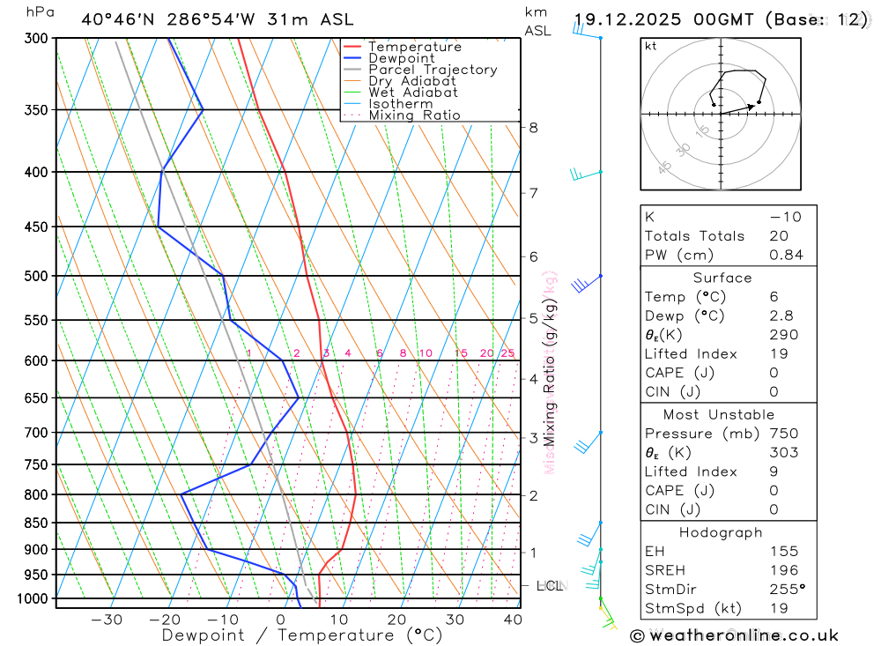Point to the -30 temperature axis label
(x=107, y=620)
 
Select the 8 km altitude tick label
(x=533, y=127)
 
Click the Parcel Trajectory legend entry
(x=433, y=70)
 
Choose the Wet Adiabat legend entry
(x=413, y=93)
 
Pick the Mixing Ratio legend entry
(x=414, y=115)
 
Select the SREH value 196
(x=783, y=570)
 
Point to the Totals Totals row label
(x=694, y=236)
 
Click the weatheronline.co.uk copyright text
(x=735, y=635)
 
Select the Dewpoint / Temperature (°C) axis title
(x=302, y=635)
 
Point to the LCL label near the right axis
(x=550, y=585)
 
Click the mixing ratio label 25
(x=507, y=353)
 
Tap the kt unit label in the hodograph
(x=651, y=46)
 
